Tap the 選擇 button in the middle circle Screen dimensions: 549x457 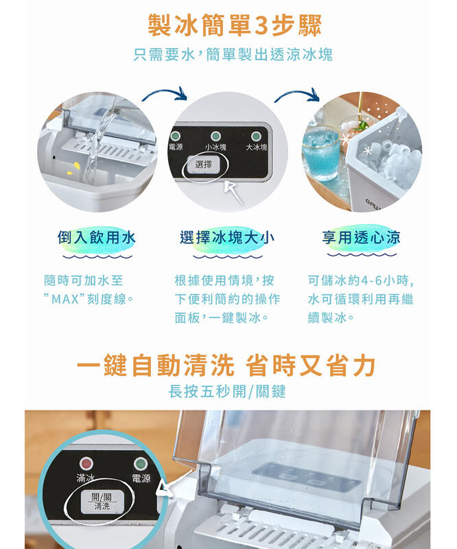point(204,165)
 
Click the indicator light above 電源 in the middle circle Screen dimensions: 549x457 point(175,136)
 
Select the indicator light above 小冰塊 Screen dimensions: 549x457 point(215,136)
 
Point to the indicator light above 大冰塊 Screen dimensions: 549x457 point(256,136)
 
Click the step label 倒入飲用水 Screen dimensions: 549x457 point(97,237)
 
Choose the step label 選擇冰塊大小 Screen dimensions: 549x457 point(227,237)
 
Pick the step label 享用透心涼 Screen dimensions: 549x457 point(362,237)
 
